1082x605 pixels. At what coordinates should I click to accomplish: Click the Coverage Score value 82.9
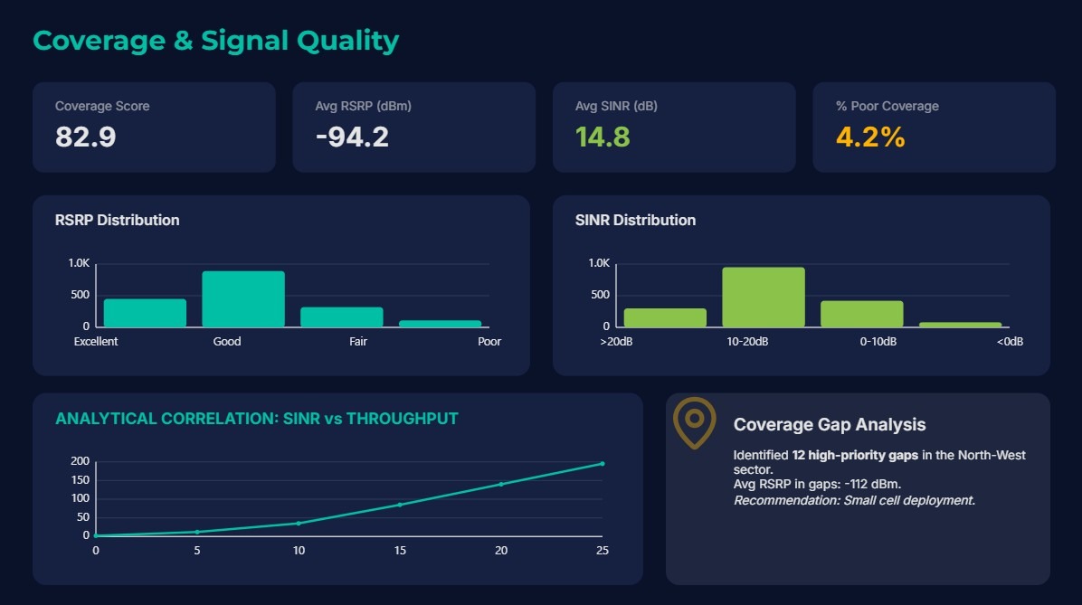(86, 137)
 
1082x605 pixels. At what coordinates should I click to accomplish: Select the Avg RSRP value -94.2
(352, 137)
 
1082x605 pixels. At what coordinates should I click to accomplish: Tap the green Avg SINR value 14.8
(603, 137)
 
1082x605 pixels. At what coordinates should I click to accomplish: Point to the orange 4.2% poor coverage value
(870, 137)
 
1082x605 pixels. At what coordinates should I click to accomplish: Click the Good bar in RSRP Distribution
(243, 299)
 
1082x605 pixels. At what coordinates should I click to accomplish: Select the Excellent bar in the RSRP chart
(145, 313)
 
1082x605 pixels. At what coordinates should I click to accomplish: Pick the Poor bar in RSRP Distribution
(441, 323)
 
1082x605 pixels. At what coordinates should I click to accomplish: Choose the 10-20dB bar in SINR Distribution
(764, 298)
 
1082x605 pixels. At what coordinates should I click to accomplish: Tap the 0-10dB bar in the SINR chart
(861, 314)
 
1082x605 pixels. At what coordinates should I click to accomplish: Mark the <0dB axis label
(1010, 342)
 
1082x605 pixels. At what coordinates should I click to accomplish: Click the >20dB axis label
(615, 342)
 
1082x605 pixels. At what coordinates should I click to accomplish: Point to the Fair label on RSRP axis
(358, 342)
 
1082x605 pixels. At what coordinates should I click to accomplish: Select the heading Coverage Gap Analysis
(830, 425)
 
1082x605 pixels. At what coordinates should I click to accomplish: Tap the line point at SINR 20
(501, 484)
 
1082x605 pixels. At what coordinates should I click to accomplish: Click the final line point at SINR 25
(603, 464)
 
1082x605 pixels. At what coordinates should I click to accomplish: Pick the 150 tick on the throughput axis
(81, 480)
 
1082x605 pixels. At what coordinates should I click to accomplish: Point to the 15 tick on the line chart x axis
(400, 551)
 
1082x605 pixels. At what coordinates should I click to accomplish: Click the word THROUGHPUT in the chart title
(403, 419)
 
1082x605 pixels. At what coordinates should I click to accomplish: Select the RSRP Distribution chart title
(117, 220)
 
